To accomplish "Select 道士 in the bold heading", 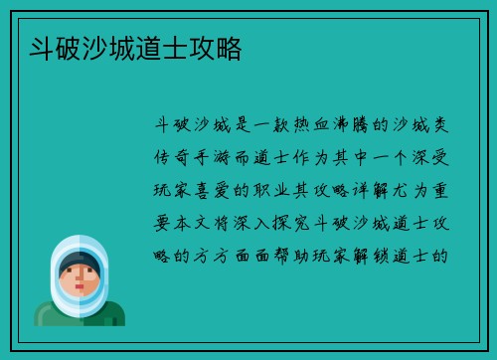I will click(x=159, y=47).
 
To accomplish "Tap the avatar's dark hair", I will click(x=80, y=260).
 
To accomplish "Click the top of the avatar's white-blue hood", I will click(x=79, y=241).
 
